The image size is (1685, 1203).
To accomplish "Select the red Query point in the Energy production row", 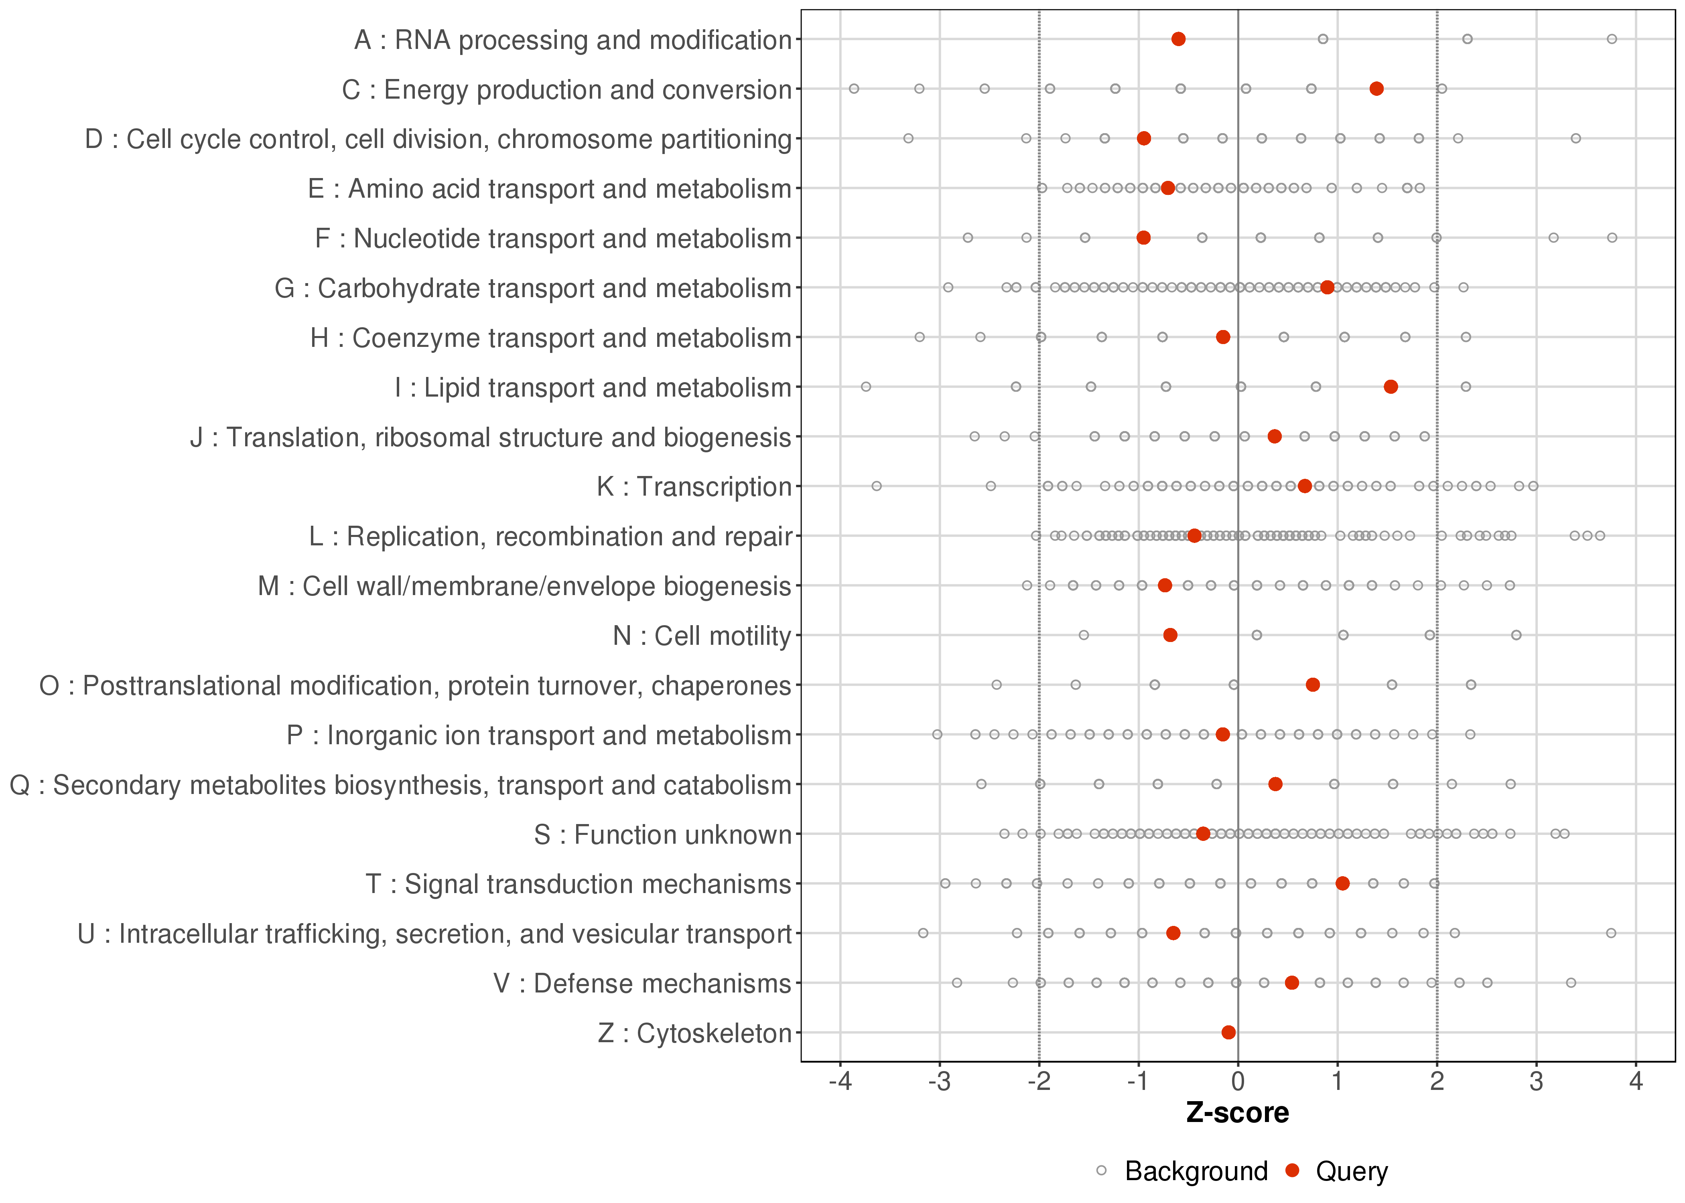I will (x=1377, y=89).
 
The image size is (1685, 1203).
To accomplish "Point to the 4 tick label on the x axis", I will (x=1636, y=1082).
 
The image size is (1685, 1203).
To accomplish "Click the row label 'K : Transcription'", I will (x=694, y=487).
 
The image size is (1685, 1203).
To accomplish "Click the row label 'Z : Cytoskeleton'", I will (x=694, y=1033).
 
